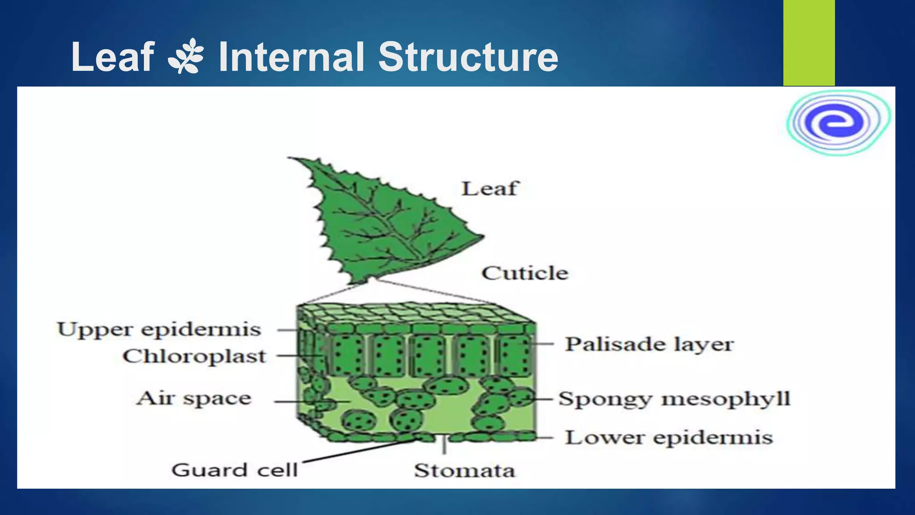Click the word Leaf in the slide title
point(113,57)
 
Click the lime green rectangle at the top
point(809,42)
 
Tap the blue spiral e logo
point(838,122)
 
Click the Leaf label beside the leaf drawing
point(490,189)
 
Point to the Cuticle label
point(525,273)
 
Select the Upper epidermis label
point(159,330)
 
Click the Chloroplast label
point(194,356)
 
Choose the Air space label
point(194,398)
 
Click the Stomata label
point(464,471)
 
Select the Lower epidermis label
point(669,438)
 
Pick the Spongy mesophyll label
point(674,399)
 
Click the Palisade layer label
point(649,344)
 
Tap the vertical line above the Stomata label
point(444,444)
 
